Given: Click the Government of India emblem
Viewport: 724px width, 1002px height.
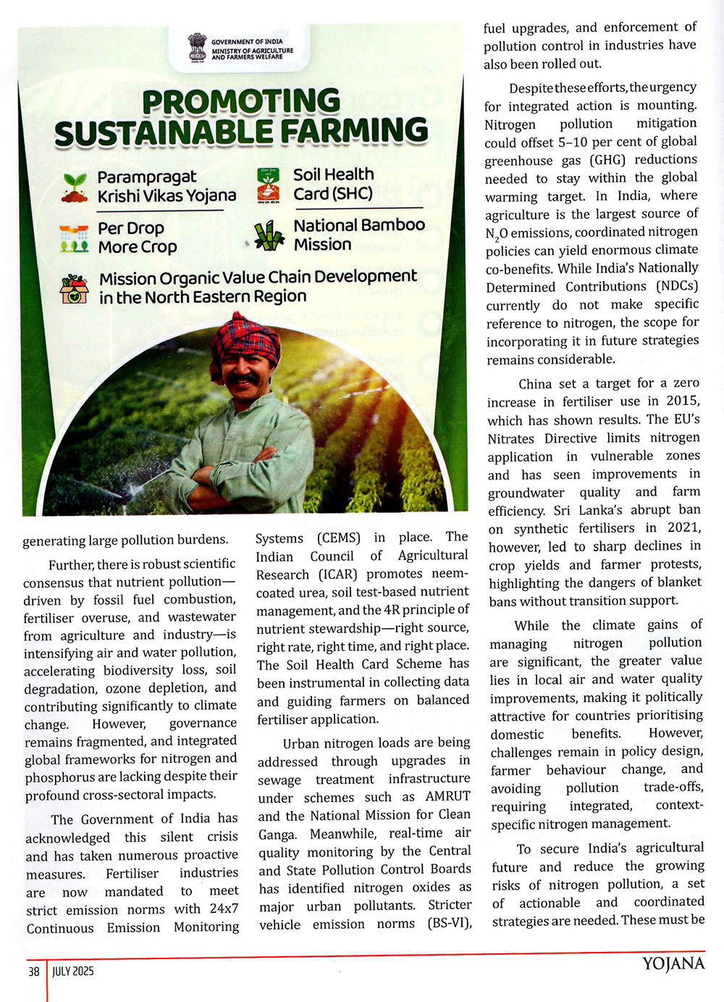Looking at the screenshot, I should (196, 48).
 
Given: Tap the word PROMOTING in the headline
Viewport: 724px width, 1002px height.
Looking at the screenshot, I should (241, 102).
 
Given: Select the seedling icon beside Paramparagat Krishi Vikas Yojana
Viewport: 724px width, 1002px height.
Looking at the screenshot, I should (75, 187).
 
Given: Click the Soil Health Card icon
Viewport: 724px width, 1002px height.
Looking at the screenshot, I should (269, 185).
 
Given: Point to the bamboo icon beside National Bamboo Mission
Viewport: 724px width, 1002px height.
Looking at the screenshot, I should (269, 235).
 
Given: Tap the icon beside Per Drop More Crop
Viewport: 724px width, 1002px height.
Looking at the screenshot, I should (75, 238).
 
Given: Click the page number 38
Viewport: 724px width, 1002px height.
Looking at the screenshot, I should (34, 972).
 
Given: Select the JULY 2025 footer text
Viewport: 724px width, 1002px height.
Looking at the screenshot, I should (73, 972).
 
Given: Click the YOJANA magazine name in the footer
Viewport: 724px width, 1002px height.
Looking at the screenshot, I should (673, 964).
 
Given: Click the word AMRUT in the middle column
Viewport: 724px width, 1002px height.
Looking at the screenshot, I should (447, 796).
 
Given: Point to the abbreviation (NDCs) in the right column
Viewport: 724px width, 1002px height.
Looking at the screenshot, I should (677, 286).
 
